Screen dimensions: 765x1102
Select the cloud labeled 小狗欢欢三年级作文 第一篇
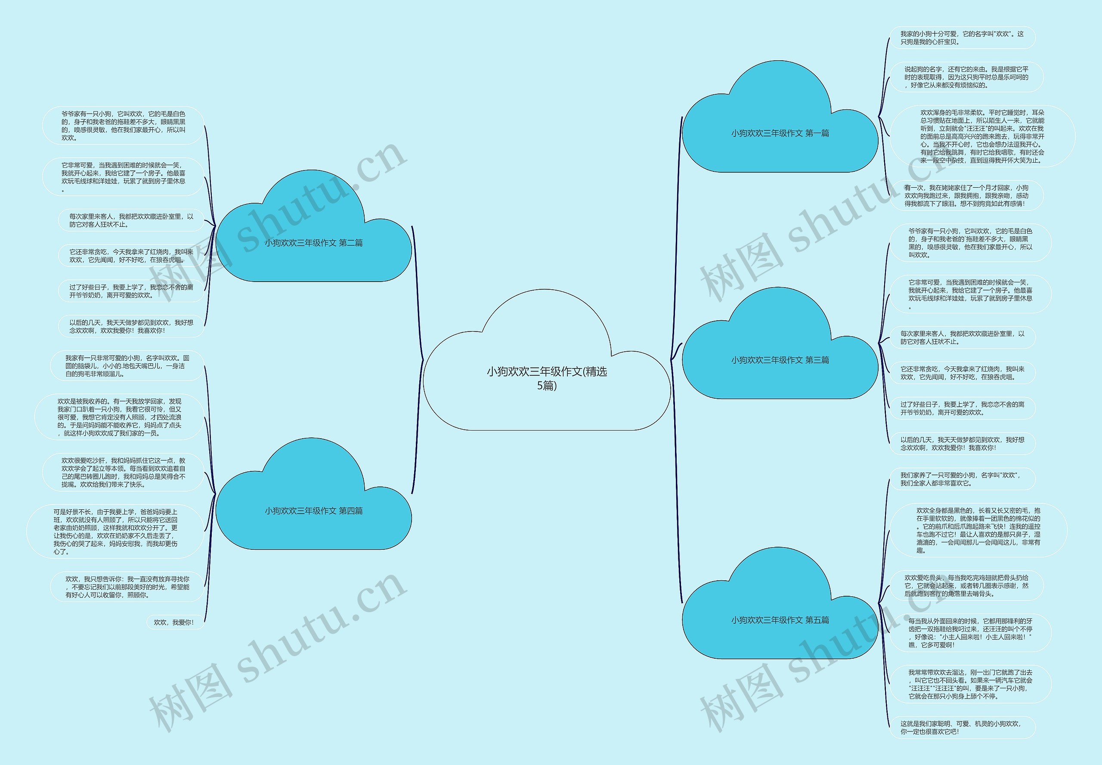(780, 133)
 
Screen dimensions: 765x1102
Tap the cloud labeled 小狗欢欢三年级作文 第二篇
(313, 243)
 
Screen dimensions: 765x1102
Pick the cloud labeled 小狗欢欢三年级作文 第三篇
(780, 360)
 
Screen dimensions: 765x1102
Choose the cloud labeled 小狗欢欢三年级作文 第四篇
(313, 511)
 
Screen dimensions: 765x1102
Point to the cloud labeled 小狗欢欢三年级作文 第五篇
(780, 620)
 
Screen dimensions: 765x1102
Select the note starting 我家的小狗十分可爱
(962, 38)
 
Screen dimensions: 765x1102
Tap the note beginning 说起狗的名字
(966, 77)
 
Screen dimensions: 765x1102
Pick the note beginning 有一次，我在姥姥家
(966, 195)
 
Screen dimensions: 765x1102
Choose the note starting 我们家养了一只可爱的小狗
(962, 479)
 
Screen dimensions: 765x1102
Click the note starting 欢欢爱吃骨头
(966, 586)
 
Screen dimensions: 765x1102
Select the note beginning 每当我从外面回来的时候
(970, 633)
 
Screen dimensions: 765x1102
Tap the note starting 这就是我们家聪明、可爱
(962, 728)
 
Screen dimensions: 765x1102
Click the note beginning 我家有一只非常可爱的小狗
(127, 366)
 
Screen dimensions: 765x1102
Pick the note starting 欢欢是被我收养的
(119, 417)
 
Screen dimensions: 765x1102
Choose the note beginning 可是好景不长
(115, 532)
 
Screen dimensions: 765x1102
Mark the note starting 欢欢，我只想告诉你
(127, 587)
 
